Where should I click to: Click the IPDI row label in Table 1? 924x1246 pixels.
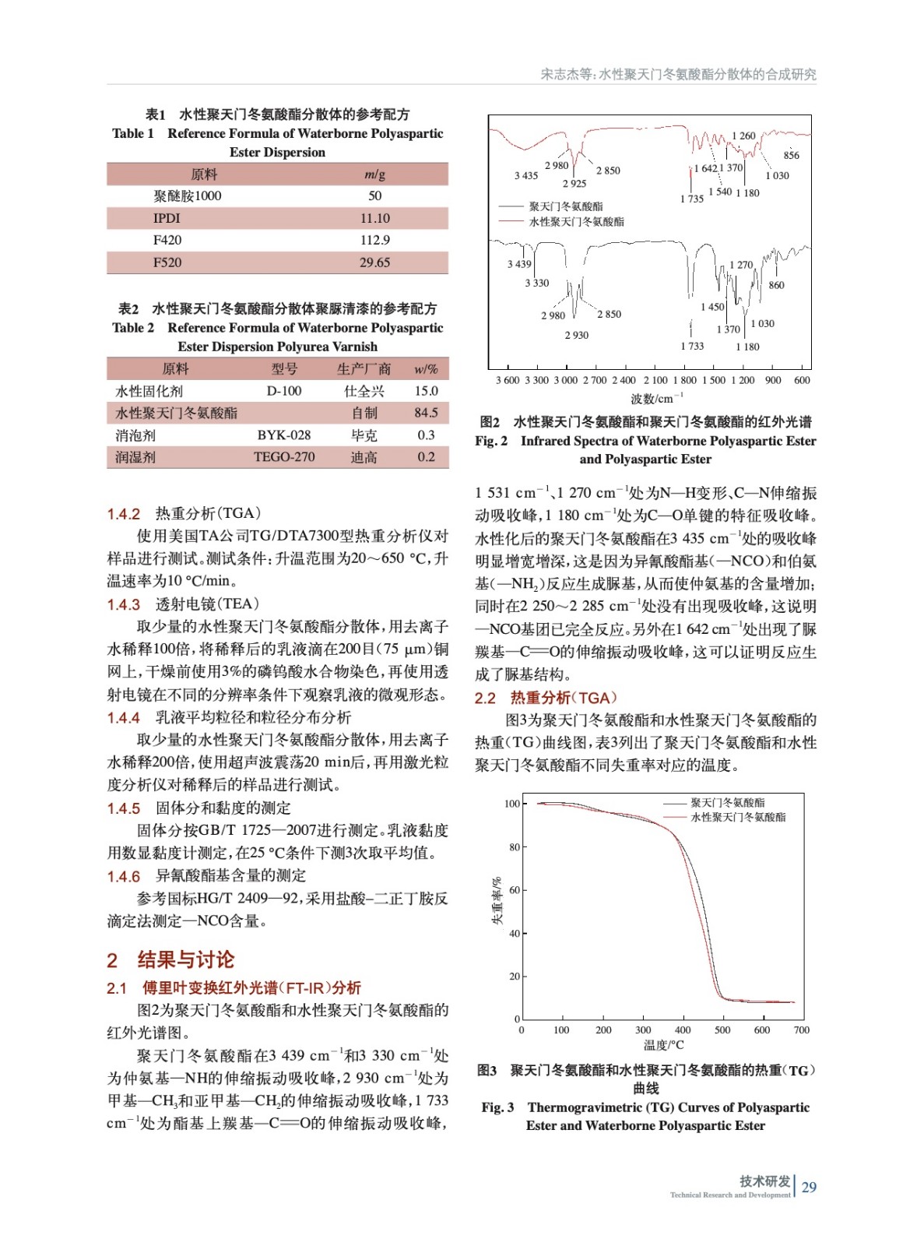(167, 218)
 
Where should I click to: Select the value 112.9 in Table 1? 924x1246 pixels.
(374, 240)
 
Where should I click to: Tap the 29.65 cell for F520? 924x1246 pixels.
(374, 262)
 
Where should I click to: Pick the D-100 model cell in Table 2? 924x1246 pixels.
(283, 391)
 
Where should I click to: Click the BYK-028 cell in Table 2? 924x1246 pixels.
(283, 435)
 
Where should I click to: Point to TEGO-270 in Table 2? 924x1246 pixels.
(283, 457)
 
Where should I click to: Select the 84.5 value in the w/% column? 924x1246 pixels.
(426, 413)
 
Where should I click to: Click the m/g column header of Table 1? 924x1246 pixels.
(374, 174)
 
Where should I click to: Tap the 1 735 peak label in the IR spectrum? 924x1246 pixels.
(691, 199)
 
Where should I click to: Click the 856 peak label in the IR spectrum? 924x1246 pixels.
(791, 155)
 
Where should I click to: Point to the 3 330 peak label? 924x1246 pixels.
(536, 283)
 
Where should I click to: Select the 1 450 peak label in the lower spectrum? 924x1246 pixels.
(712, 307)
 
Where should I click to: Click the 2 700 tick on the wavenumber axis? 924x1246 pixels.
(594, 381)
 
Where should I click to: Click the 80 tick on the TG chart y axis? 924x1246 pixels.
(514, 847)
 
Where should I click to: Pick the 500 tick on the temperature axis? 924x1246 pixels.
(722, 1030)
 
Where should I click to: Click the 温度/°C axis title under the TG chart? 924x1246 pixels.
(663, 1045)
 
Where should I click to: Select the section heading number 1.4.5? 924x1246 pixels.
(124, 808)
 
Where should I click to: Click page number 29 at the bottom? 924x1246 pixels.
(809, 1188)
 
